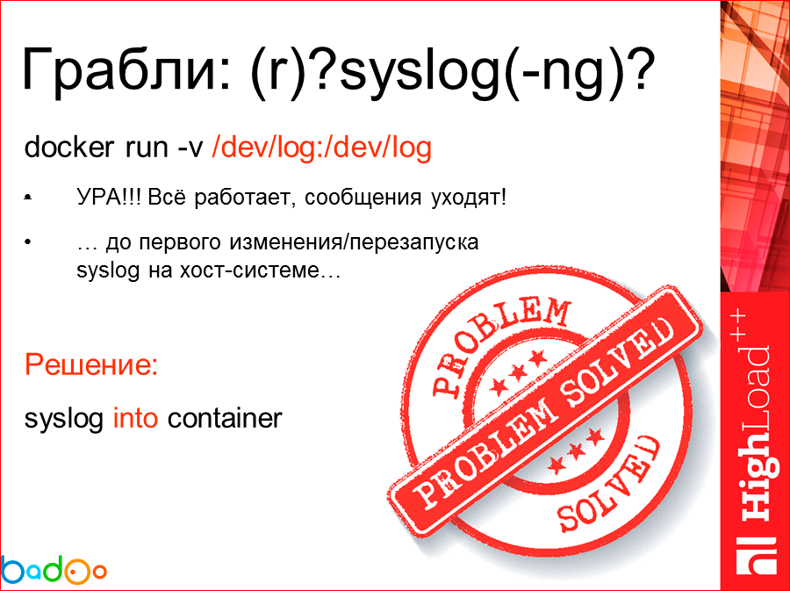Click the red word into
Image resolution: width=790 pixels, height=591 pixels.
pos(136,418)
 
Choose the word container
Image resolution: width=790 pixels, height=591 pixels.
pos(225,418)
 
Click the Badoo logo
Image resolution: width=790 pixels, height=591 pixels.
pos(54,569)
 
